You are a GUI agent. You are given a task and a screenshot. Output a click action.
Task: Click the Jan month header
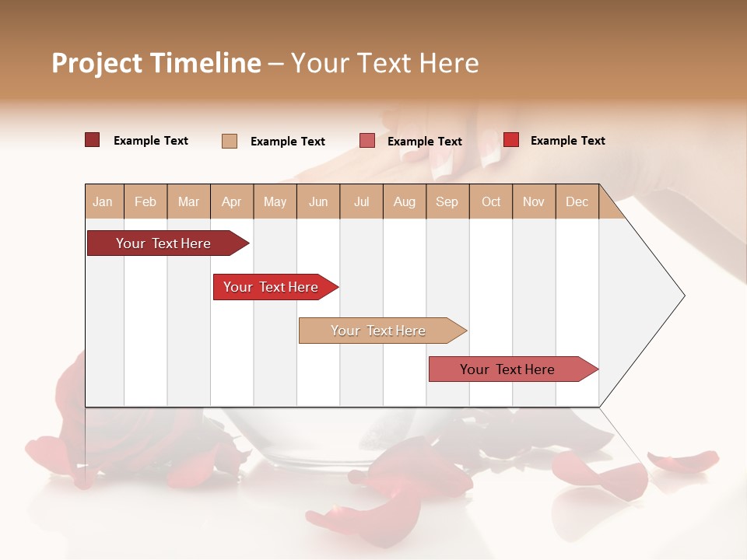(x=103, y=201)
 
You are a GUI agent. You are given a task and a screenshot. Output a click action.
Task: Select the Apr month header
(x=231, y=201)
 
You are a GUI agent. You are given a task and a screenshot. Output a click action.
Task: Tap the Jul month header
(x=361, y=201)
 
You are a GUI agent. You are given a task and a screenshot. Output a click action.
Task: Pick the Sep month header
(x=447, y=201)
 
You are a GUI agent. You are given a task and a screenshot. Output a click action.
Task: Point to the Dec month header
(x=577, y=201)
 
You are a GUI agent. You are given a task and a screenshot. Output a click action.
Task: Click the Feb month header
(x=146, y=201)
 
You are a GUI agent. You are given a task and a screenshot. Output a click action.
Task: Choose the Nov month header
(x=534, y=201)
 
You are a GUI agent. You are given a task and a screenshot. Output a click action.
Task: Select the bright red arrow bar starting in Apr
(x=272, y=287)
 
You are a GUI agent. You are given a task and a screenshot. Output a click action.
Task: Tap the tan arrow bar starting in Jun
(x=380, y=331)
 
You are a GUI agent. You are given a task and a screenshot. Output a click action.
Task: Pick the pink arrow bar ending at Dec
(x=510, y=369)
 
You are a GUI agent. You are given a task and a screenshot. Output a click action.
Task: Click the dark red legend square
(x=92, y=140)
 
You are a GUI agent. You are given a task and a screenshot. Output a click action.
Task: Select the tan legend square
(x=229, y=141)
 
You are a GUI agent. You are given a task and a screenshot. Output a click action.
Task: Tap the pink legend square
(x=366, y=141)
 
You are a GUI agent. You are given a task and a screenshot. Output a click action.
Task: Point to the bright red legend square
(x=510, y=140)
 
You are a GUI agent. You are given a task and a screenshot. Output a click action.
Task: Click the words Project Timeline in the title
(x=156, y=63)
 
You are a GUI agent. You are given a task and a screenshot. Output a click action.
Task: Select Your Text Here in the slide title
(x=385, y=63)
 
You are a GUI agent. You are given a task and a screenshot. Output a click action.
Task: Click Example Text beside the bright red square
(x=567, y=141)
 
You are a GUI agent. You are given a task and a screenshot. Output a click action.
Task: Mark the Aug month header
(x=404, y=201)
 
